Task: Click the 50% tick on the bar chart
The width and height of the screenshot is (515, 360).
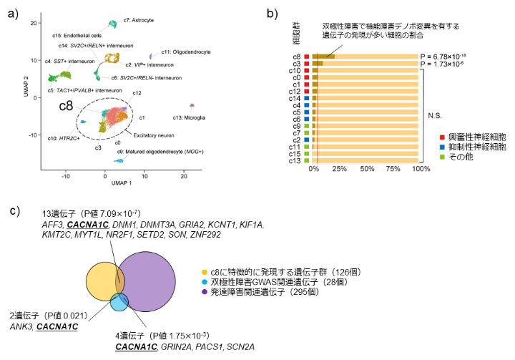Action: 367,170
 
